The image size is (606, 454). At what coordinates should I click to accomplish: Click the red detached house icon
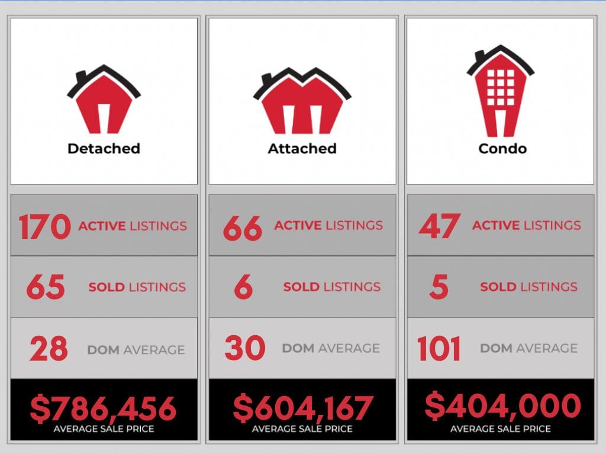click(x=104, y=100)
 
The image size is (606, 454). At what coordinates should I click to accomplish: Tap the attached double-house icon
click(x=302, y=102)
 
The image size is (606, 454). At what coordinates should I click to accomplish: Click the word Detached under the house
click(x=104, y=148)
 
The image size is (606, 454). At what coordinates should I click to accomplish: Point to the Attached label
click(x=302, y=148)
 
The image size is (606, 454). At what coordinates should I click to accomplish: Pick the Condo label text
click(x=502, y=148)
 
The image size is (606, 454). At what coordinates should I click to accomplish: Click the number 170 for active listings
click(x=44, y=227)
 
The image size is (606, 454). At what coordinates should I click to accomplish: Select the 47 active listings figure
click(x=439, y=226)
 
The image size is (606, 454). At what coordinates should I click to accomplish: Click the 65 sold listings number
click(x=45, y=288)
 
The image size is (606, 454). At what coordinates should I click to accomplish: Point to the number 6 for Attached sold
click(x=243, y=288)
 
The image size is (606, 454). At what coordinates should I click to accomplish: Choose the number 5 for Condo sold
click(x=439, y=288)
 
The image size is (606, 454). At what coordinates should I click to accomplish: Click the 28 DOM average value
click(x=49, y=349)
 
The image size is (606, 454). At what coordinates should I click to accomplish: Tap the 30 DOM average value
click(x=244, y=348)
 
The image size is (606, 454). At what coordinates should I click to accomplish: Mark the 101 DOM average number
click(x=439, y=348)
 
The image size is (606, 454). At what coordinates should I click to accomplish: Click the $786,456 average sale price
click(x=104, y=408)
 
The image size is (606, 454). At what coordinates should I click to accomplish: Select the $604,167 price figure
click(x=302, y=407)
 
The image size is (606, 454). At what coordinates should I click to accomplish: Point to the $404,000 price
click(x=502, y=406)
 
